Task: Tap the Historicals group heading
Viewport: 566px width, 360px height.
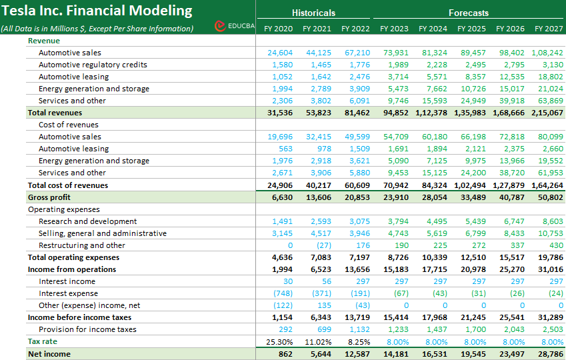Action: click(313, 13)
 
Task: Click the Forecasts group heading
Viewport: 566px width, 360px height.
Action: click(469, 13)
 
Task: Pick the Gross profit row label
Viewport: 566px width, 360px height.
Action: click(49, 197)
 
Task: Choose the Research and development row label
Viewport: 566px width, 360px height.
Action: click(87, 221)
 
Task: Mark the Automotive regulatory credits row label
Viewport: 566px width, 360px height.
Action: click(93, 65)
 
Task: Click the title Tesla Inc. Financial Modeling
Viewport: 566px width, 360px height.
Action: click(97, 11)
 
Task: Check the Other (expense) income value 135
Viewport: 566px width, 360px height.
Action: click(323, 305)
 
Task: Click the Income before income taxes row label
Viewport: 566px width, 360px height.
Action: click(79, 317)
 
